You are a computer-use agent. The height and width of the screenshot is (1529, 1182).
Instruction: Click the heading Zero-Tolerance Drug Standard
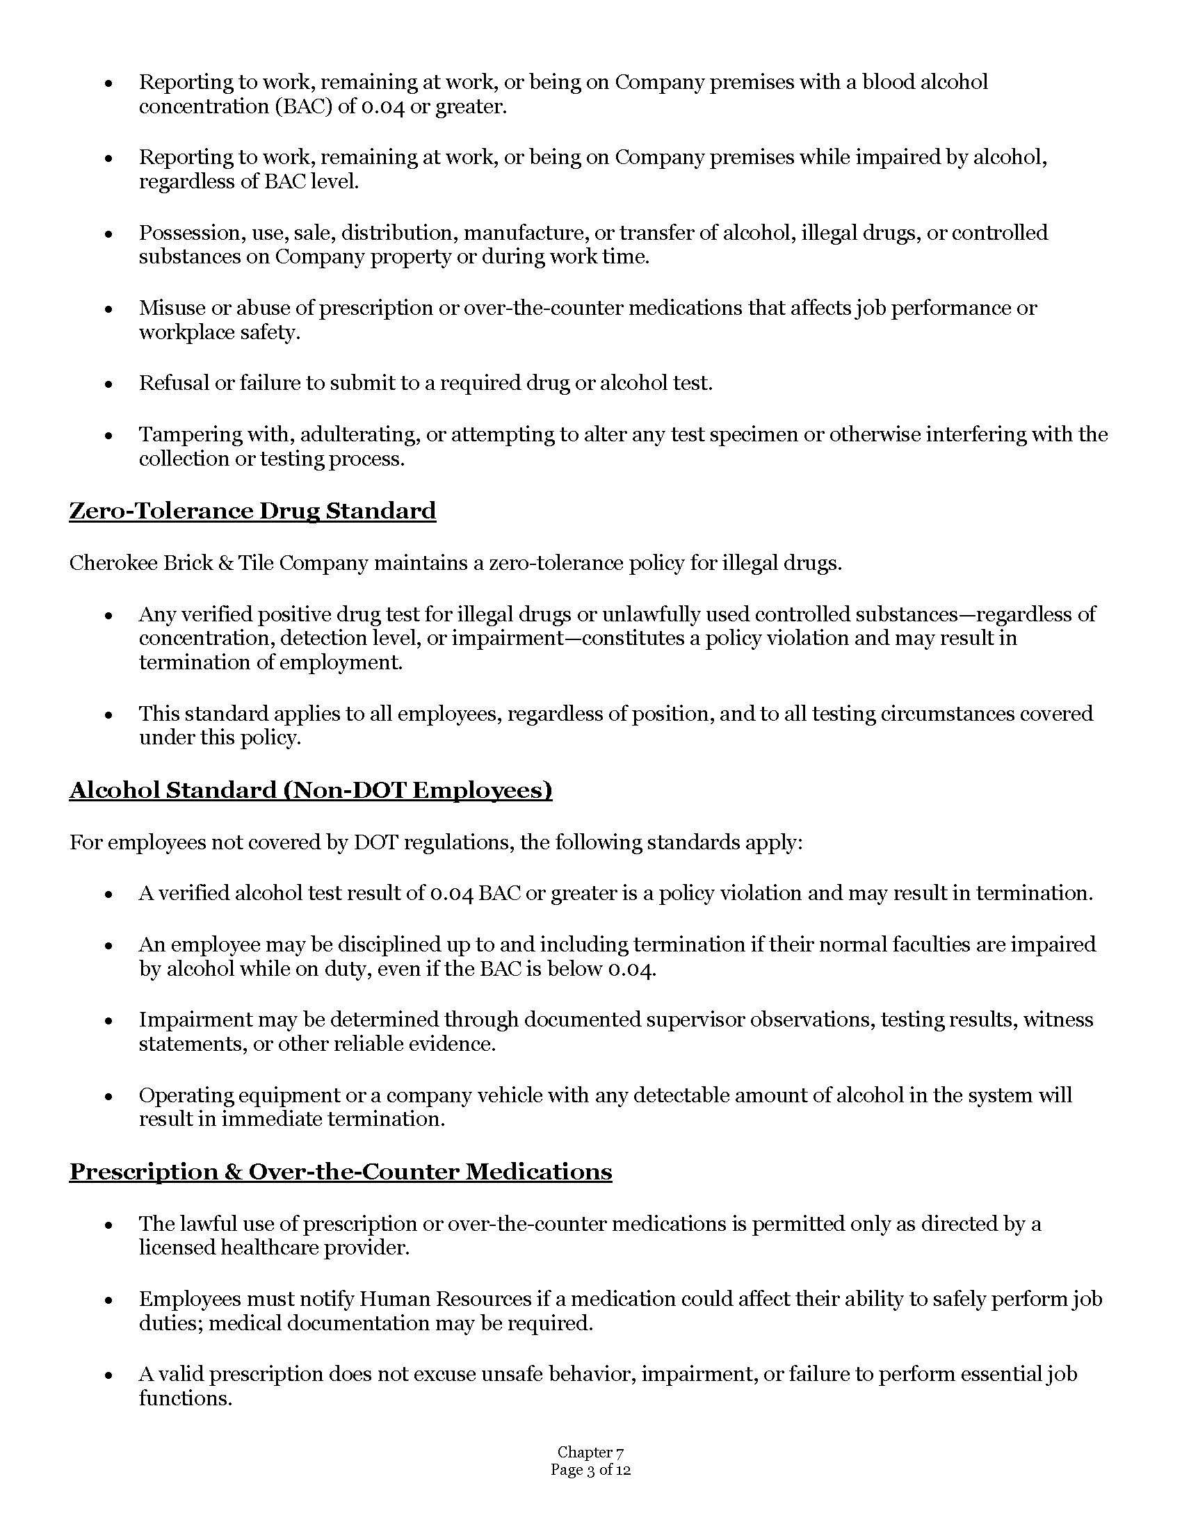point(252,511)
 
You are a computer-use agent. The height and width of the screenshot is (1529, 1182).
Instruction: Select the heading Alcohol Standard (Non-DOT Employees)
point(310,790)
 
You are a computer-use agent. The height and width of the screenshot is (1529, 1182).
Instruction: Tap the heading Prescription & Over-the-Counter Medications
point(340,1172)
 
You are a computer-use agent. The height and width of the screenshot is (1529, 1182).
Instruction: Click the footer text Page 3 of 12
point(590,1470)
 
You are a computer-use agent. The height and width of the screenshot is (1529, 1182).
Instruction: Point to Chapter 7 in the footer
point(590,1453)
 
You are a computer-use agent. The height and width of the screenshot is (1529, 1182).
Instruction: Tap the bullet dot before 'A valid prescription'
point(108,1375)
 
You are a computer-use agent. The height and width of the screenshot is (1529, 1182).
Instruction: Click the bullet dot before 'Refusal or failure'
point(108,384)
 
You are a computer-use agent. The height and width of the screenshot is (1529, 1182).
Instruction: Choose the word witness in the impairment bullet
point(1058,1020)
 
